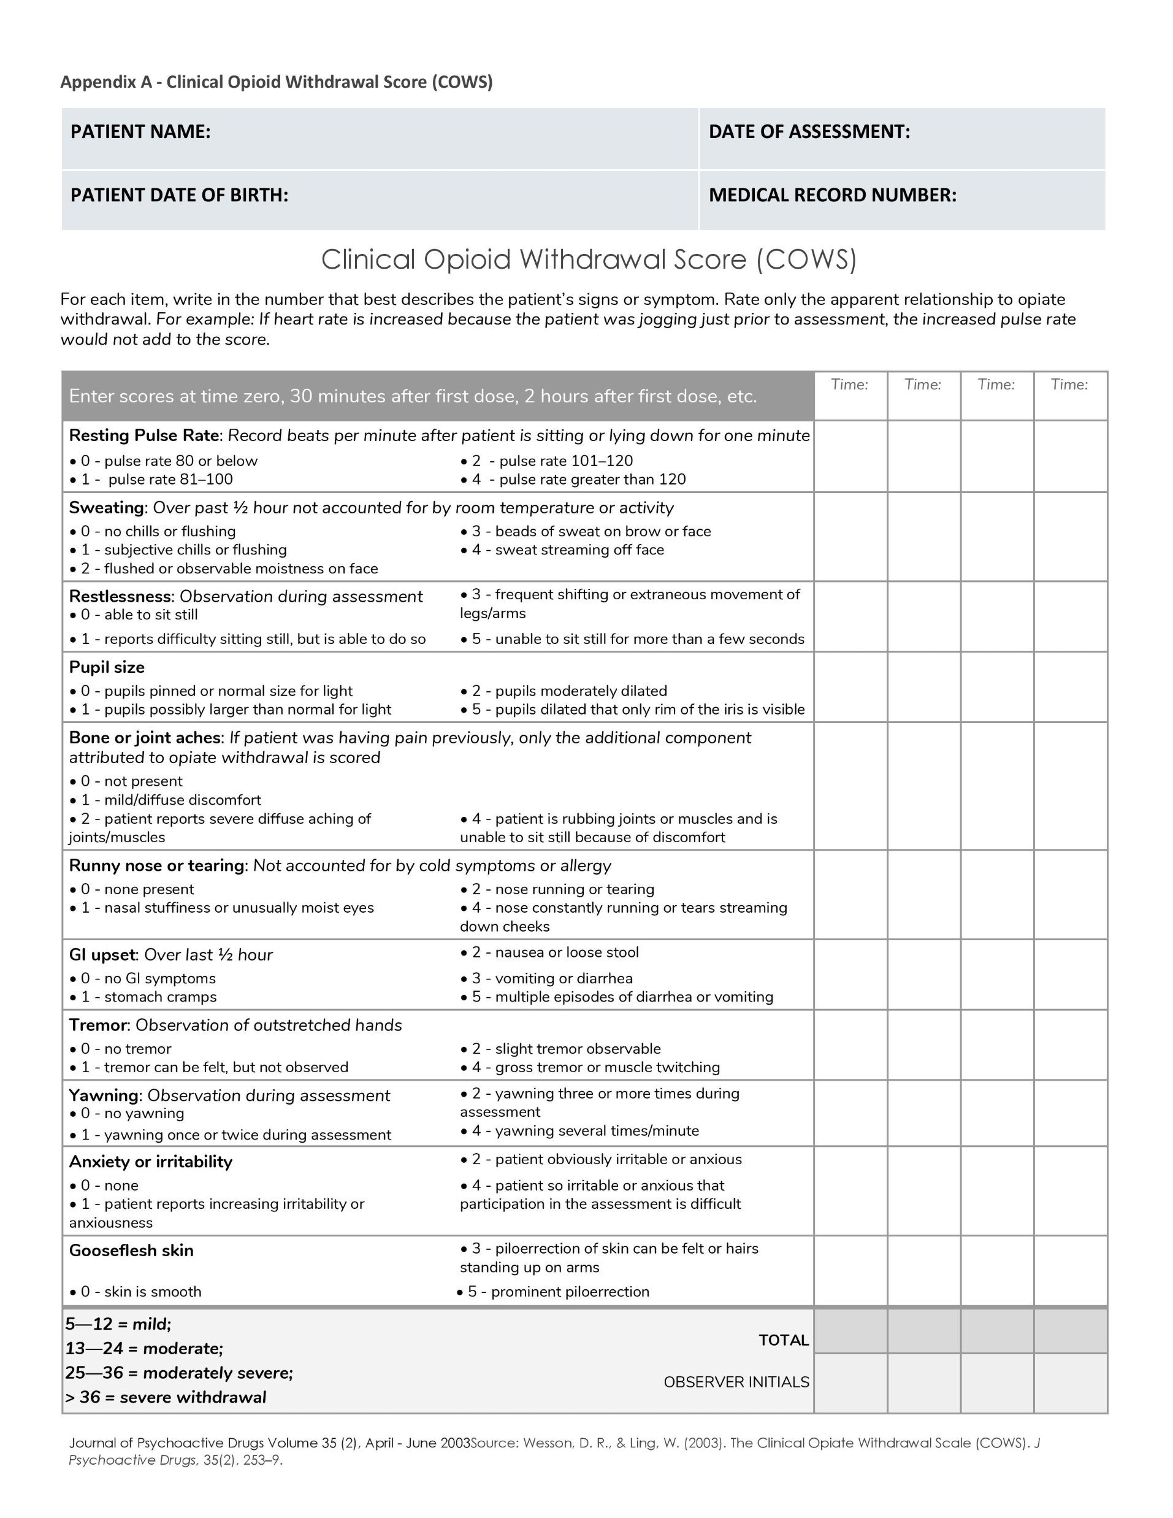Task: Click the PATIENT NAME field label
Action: point(140,131)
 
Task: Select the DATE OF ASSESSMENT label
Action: point(809,131)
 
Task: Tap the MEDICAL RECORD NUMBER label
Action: point(832,194)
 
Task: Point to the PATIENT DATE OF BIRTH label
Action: point(178,194)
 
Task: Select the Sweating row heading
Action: point(106,507)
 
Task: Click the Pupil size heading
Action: point(107,667)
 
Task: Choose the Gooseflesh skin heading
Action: point(131,1251)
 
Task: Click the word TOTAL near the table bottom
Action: point(783,1340)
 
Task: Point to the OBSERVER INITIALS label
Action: point(736,1382)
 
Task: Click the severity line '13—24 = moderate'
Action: point(144,1348)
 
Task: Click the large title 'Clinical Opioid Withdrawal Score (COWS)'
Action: point(589,259)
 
